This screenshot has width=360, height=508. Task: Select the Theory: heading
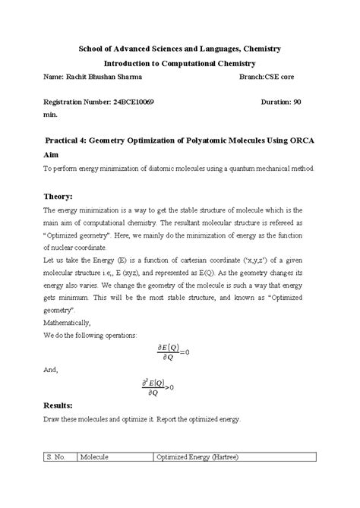tap(61, 196)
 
